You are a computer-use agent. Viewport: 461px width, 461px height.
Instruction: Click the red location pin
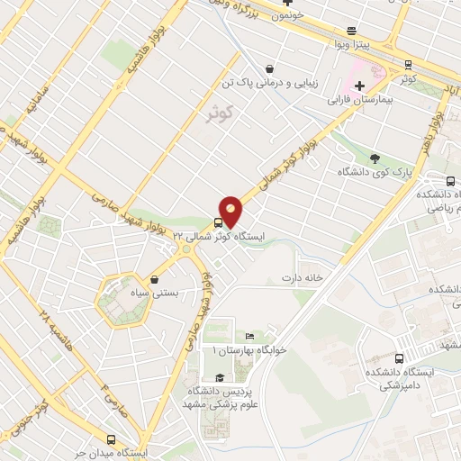(x=231, y=211)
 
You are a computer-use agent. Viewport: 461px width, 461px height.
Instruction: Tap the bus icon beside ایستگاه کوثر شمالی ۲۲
(x=218, y=223)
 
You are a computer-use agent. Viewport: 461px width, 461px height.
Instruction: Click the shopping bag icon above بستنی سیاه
(x=156, y=279)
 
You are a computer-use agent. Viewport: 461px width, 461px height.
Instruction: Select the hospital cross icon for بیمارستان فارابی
(x=359, y=86)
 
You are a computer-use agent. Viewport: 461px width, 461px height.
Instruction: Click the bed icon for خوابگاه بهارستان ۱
(x=250, y=335)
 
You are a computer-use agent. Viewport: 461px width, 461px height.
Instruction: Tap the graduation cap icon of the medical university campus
(x=219, y=378)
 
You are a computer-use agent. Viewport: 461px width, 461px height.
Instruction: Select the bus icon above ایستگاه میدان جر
(x=111, y=440)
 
